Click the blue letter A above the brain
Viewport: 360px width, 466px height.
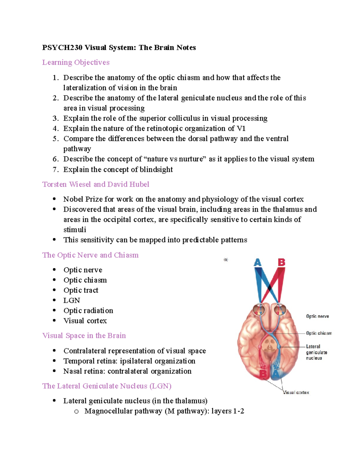[x=257, y=263]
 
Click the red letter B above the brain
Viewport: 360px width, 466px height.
[x=281, y=263]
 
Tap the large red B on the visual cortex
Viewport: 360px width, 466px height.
[x=263, y=374]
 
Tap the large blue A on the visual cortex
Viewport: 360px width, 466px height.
[x=275, y=374]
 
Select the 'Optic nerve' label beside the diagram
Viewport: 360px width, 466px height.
[x=317, y=316]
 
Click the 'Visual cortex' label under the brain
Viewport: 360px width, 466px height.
[x=296, y=392]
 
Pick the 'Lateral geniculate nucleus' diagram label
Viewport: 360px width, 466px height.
[x=316, y=352]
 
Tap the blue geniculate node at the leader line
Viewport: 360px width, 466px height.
[x=279, y=347]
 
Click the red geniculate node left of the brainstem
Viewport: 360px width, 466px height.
[x=260, y=347]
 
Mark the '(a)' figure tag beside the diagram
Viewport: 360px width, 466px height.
[x=226, y=260]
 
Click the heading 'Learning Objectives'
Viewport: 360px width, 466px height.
[x=76, y=62]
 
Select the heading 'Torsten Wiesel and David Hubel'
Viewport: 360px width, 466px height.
[x=96, y=184]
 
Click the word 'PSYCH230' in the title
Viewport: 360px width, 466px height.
[x=62, y=47]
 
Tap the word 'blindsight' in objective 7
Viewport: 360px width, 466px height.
[x=156, y=170]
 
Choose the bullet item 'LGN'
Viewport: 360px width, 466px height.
[x=72, y=300]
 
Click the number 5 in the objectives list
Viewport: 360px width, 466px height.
[x=55, y=139]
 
